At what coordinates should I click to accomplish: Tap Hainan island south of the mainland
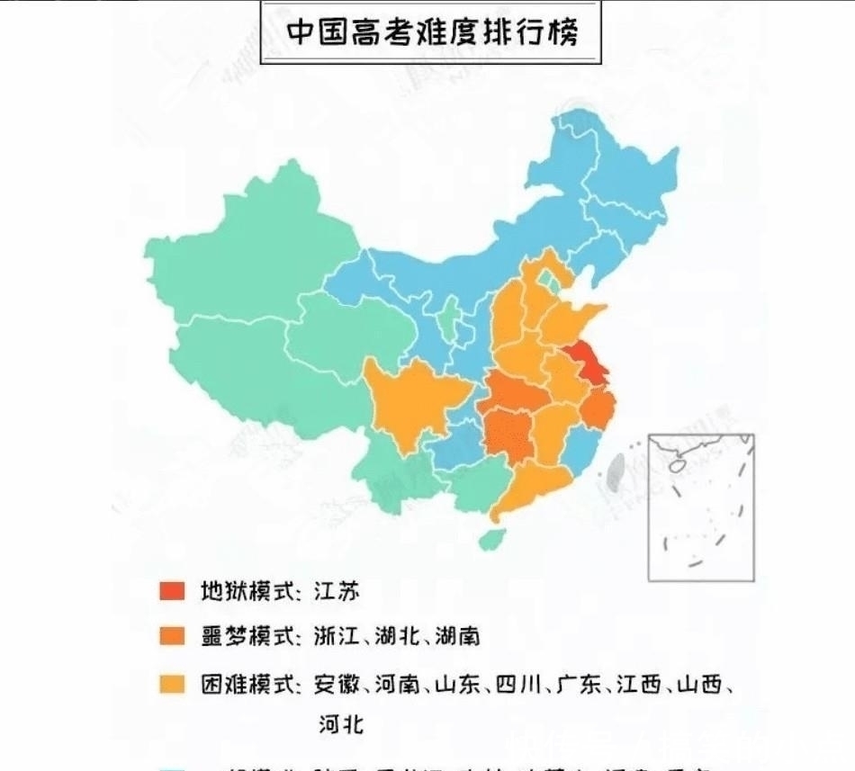(491, 540)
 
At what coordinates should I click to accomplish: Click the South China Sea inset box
(701, 507)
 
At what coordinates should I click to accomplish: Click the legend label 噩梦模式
(248, 637)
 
